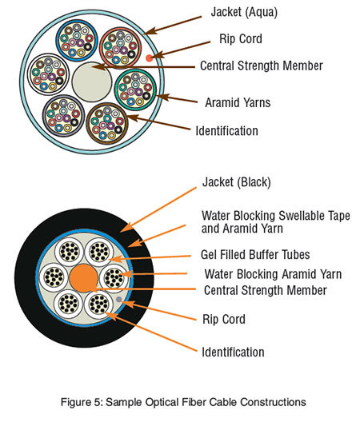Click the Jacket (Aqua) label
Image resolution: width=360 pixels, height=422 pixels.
point(244,12)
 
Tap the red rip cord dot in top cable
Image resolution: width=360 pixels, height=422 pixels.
point(149,58)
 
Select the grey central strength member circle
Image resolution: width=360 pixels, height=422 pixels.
point(92,82)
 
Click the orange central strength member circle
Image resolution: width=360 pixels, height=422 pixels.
point(84,278)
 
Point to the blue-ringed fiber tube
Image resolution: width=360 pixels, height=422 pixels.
point(77,41)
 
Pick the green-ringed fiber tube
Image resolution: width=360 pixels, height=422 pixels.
point(135,90)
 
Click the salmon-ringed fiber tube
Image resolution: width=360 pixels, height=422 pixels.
point(121,48)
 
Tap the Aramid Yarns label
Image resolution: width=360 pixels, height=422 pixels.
point(238,103)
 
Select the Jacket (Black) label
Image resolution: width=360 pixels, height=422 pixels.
point(237,182)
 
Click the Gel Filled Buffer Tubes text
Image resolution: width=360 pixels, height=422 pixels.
point(255,255)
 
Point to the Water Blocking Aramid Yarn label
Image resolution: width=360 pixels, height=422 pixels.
point(273,274)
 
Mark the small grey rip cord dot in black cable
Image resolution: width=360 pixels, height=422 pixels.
point(119,299)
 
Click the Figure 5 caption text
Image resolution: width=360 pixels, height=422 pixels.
point(183,402)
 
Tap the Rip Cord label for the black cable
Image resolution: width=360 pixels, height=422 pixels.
point(224,319)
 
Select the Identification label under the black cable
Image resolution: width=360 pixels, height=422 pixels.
point(233,352)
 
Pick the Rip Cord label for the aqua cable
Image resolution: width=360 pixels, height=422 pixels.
point(241,38)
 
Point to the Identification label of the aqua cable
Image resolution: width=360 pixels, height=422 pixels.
point(227,131)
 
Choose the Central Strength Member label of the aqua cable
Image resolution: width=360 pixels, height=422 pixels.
point(262,66)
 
